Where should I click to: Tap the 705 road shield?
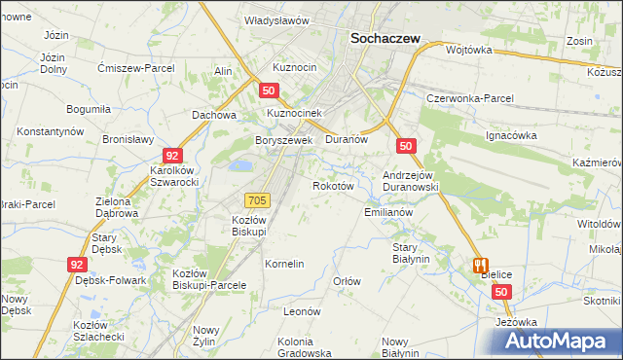point(257,199)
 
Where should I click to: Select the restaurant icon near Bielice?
point(479,265)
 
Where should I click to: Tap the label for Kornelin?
point(285,264)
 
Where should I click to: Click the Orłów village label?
point(348,281)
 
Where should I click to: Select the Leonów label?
point(302,311)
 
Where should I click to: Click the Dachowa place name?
point(215,114)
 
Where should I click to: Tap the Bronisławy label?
point(128,139)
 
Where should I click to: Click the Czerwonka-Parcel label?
point(470,99)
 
